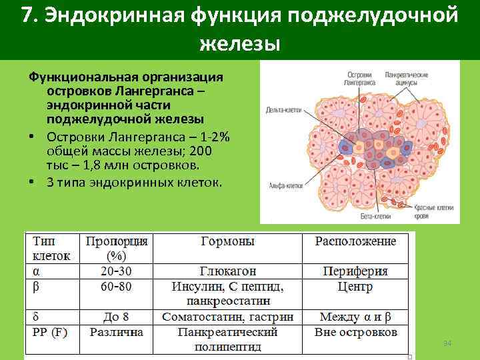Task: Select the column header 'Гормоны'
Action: click(x=227, y=241)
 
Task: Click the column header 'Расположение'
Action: click(x=355, y=241)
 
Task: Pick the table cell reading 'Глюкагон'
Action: click(x=227, y=272)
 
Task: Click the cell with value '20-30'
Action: click(x=116, y=272)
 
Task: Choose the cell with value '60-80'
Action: click(x=116, y=287)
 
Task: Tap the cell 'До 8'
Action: click(x=116, y=317)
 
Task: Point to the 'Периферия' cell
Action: click(x=355, y=272)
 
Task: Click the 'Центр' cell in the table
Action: click(x=355, y=287)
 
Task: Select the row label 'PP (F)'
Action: click(x=50, y=332)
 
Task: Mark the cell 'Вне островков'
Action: click(x=355, y=332)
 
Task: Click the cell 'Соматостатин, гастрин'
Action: click(x=227, y=317)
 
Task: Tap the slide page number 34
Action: click(x=447, y=343)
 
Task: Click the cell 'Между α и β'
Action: click(x=355, y=317)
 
